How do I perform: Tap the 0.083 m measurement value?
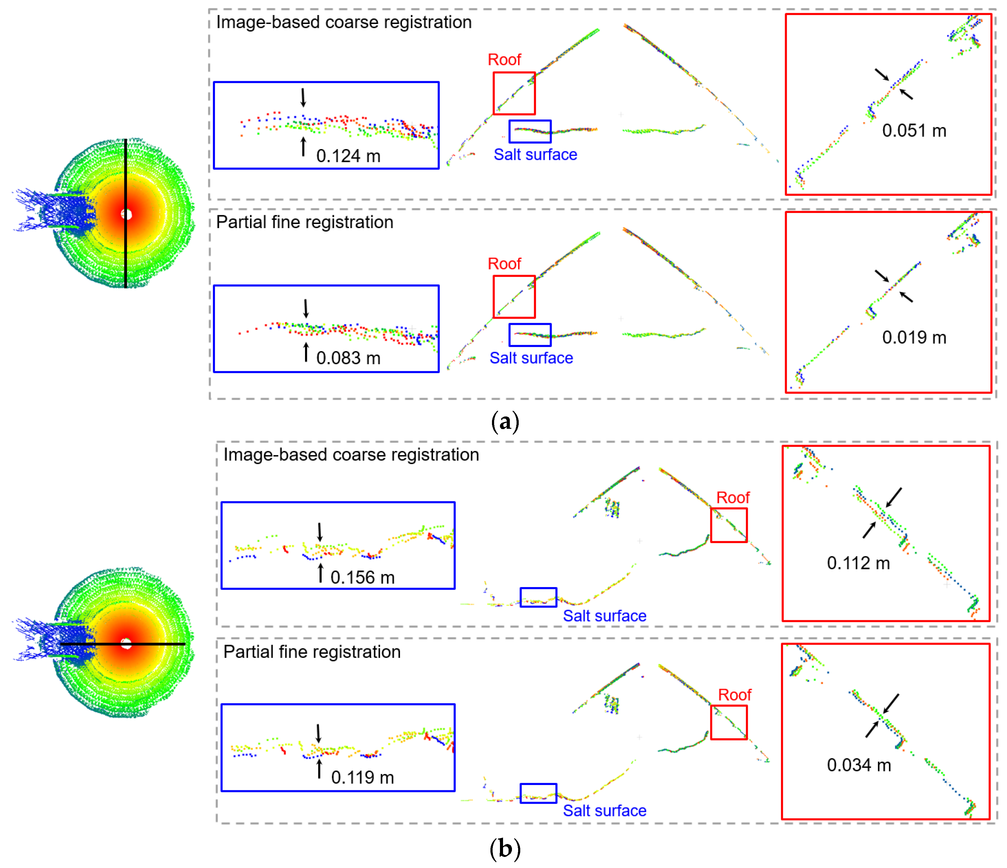(348, 358)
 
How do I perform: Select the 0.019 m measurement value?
(914, 337)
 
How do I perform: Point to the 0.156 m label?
(362, 578)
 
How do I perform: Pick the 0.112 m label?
(858, 563)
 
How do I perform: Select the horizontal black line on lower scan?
(156, 644)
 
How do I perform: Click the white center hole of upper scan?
(126, 214)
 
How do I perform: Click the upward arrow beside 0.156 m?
(320, 573)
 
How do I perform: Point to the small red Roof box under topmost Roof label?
(514, 93)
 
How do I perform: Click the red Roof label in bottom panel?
(734, 695)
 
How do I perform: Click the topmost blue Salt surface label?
(535, 155)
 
